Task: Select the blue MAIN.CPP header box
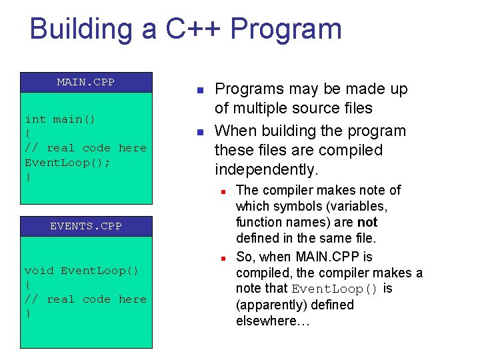coord(86,82)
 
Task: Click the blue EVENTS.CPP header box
coord(86,226)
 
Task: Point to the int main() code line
coord(60,119)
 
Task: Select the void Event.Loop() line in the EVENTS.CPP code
coord(81,271)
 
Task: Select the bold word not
coord(367,223)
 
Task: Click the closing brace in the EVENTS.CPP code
coord(28,313)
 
